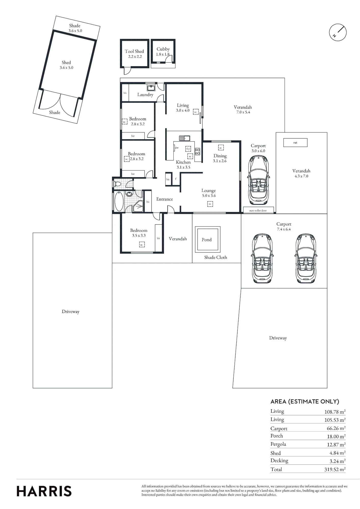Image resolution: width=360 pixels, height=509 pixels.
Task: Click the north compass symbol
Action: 338,32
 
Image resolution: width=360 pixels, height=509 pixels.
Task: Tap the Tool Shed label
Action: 134,51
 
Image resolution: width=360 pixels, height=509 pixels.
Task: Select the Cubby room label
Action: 163,49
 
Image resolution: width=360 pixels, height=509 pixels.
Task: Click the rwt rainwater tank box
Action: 295,143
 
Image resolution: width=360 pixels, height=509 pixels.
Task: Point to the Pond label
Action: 206,240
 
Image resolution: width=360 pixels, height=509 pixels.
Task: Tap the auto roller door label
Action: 258,211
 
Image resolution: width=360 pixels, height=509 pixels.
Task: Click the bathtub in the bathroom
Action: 119,201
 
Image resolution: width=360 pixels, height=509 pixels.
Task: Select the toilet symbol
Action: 117,184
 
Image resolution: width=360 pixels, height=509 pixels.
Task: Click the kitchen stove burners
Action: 198,152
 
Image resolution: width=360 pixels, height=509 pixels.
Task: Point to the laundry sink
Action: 151,88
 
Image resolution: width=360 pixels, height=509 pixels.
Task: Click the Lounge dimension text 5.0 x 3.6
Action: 209,196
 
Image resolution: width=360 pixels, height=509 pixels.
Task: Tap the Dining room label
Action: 220,156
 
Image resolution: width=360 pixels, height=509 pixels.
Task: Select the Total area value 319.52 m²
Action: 335,469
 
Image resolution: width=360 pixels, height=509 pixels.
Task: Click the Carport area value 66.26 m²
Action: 336,428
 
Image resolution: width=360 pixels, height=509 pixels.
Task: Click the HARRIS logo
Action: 44,491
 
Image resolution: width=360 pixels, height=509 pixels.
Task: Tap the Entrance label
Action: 164,199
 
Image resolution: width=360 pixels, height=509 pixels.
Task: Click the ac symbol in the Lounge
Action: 210,204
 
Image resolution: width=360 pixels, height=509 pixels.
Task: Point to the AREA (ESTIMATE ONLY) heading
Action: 305,402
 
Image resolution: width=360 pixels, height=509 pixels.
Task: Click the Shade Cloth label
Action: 216,258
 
